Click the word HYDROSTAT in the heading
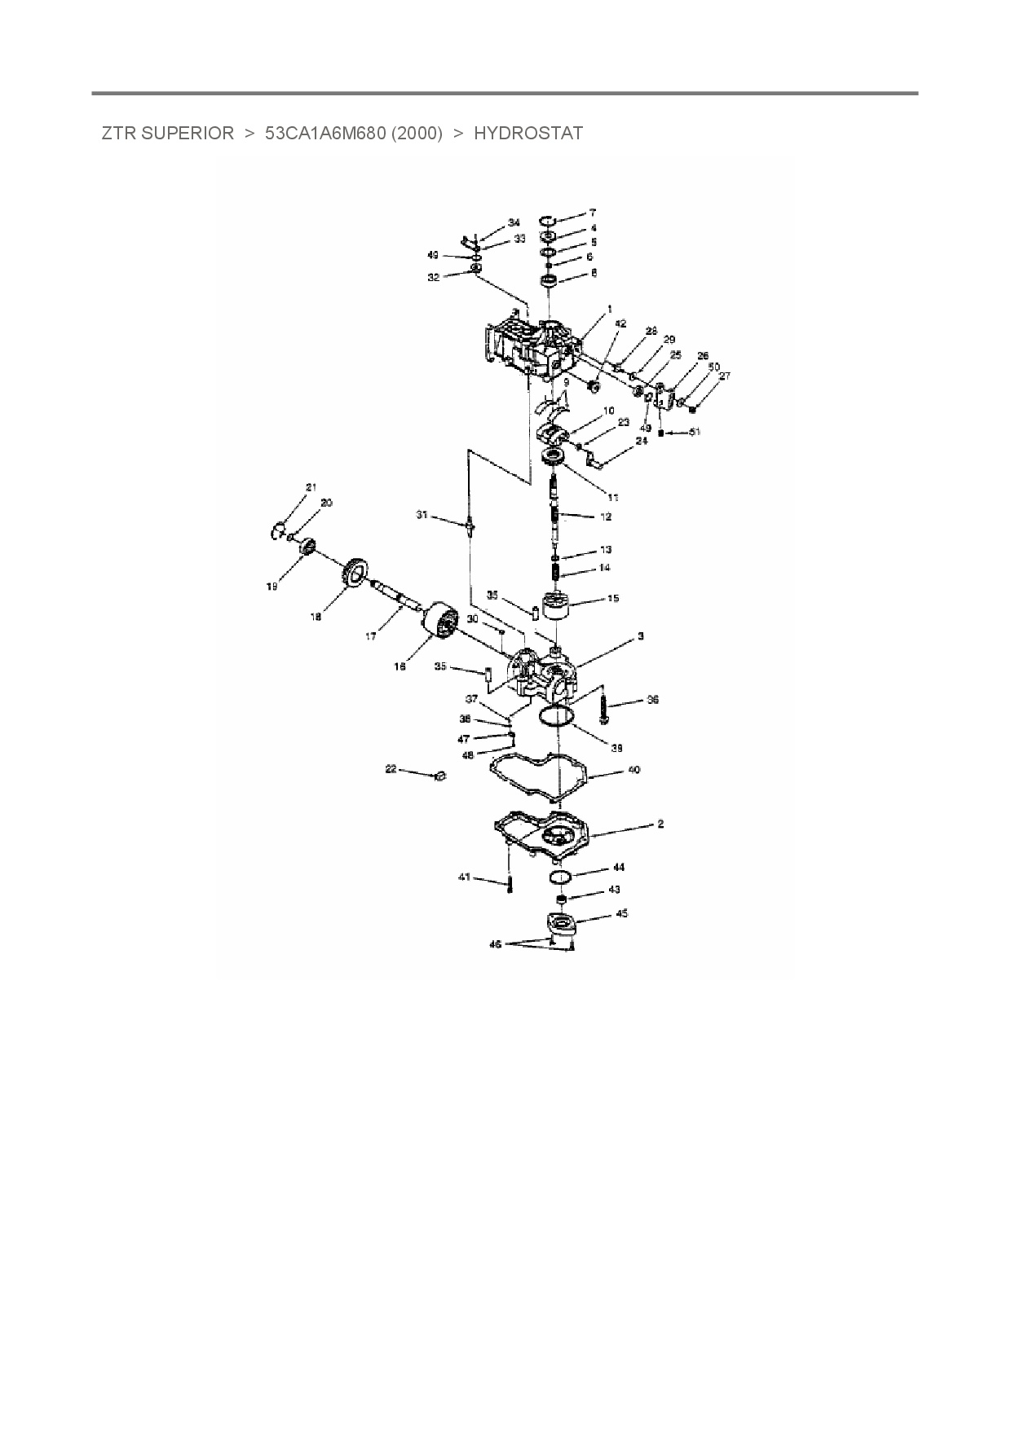pos(528,134)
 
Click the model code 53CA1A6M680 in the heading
pos(326,134)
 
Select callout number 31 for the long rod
pos(422,514)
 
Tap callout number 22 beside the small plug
pos(391,768)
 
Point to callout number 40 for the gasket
pos(634,769)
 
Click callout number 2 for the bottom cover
pos(660,824)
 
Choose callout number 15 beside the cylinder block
pos(612,598)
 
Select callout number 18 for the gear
pos(316,617)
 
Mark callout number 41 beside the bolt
pos(464,877)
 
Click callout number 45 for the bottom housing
pos(621,913)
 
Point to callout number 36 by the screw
pos(652,699)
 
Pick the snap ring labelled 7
pos(549,220)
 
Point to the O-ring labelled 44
pos(558,876)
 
